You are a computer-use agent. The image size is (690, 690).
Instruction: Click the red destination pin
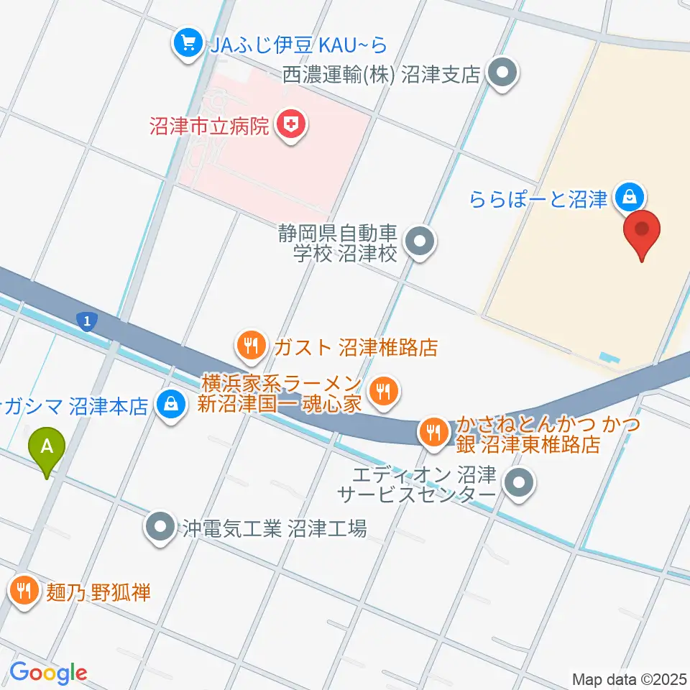[x=641, y=234]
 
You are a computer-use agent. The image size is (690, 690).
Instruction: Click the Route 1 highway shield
[x=86, y=322]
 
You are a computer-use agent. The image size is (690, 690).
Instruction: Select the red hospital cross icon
[x=291, y=126]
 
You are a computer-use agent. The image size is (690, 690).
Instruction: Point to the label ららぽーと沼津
[x=539, y=199]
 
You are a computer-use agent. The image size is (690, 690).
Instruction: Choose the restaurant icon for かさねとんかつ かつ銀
[x=433, y=433]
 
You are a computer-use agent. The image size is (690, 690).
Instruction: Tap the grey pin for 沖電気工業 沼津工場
[x=161, y=528]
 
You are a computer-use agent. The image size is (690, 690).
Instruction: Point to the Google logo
[x=48, y=673]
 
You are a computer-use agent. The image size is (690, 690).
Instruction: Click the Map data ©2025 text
[x=628, y=678]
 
